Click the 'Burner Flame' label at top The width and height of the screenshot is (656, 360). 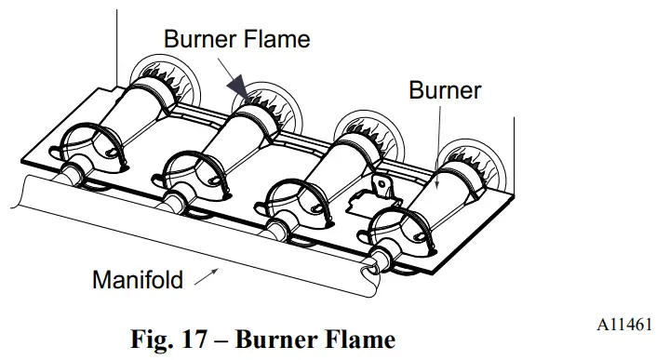pyautogui.click(x=236, y=39)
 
